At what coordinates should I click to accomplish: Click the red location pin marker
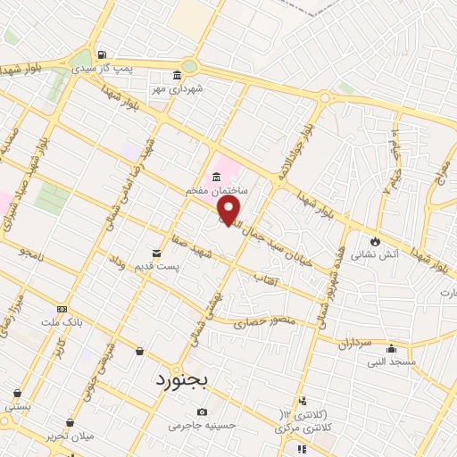229,211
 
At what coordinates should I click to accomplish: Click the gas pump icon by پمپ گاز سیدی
104,54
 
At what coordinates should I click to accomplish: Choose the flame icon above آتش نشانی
375,241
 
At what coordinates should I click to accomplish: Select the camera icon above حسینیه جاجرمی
203,412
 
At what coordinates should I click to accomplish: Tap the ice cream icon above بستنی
17,393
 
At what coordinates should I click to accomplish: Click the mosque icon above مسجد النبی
391,348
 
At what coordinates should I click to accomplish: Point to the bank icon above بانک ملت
61,307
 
